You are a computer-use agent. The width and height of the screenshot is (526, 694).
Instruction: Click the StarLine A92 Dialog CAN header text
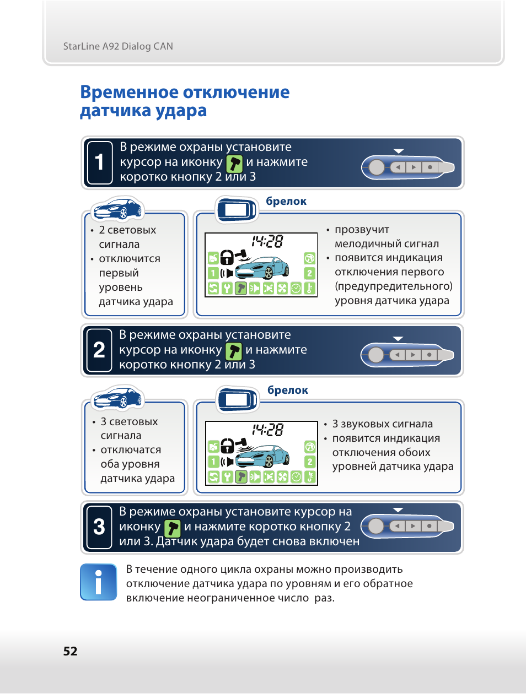[x=118, y=46]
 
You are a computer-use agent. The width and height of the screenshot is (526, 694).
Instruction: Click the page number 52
[x=70, y=651]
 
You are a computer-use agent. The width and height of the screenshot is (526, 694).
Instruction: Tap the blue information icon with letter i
[x=98, y=582]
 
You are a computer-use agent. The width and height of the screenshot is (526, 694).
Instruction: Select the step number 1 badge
[x=99, y=162]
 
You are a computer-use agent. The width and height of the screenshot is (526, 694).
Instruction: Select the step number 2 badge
[x=99, y=350]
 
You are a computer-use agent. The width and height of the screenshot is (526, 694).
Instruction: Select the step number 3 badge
[x=99, y=527]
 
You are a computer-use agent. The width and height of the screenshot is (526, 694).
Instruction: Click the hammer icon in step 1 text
[x=234, y=163]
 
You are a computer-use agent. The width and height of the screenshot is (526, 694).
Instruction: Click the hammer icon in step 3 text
[x=173, y=528]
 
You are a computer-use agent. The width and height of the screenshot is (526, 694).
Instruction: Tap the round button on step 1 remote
[x=377, y=167]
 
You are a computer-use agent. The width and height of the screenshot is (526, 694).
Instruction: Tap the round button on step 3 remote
[x=376, y=526]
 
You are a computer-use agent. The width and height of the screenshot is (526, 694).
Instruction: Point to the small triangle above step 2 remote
[x=398, y=339]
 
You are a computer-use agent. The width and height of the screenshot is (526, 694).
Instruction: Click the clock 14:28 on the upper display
[x=267, y=241]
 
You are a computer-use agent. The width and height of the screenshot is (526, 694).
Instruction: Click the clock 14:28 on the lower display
[x=267, y=430]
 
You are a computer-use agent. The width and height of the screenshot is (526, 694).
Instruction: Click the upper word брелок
[x=286, y=202]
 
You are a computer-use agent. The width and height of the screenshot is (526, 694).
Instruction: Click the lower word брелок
[x=288, y=391]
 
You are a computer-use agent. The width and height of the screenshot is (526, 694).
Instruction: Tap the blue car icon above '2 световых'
[x=117, y=209]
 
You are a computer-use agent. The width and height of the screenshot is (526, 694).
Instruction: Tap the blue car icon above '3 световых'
[x=117, y=398]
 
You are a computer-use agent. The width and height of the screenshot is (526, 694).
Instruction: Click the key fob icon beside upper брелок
[x=237, y=210]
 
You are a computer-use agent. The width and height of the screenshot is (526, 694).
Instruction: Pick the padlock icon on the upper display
[x=227, y=256]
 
